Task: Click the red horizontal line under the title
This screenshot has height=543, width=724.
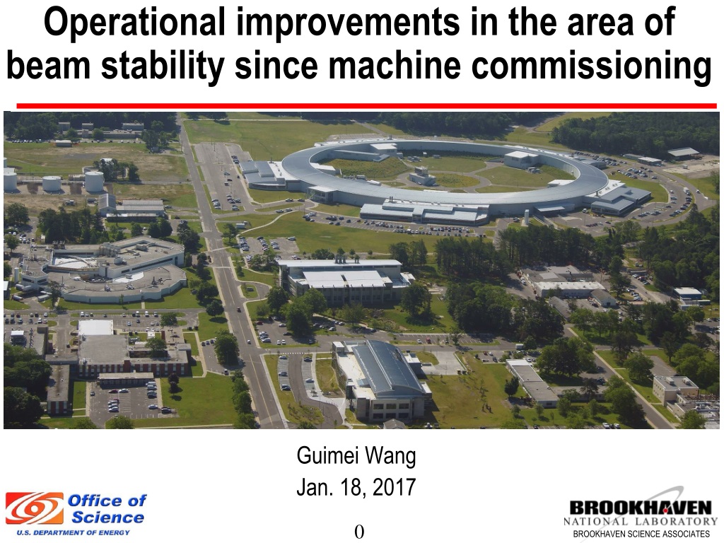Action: coord(366,106)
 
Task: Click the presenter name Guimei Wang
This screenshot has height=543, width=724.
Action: coord(356,456)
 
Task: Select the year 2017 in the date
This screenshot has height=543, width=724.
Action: coord(394,487)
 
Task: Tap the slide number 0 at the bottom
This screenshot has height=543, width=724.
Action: coord(359,532)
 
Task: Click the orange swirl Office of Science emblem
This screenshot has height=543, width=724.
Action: coord(35,508)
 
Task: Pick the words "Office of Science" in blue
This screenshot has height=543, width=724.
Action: coord(107,509)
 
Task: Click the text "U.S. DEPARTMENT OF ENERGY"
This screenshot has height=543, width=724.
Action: coord(74,532)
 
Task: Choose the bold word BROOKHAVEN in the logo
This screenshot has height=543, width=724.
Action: coord(641,508)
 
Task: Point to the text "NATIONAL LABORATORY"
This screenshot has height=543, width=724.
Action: coord(640,522)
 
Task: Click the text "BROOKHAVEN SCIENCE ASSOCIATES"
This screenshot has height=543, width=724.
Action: coord(641,534)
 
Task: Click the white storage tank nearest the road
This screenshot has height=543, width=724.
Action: coord(94,182)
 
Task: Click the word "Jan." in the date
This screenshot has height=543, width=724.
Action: coord(315,487)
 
